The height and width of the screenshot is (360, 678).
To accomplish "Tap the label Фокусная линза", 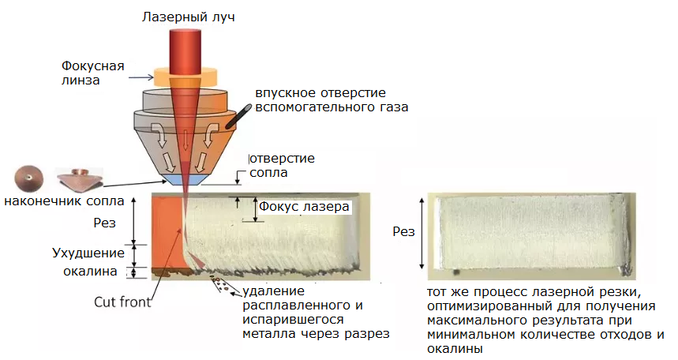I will tap(88, 72).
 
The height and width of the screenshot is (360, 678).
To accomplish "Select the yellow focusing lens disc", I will tap(183, 77).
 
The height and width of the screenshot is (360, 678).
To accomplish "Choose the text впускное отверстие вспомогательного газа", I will tap(332, 100).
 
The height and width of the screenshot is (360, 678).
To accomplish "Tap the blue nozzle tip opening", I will tap(182, 180).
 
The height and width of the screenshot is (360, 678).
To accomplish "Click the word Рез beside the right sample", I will tap(404, 231).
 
